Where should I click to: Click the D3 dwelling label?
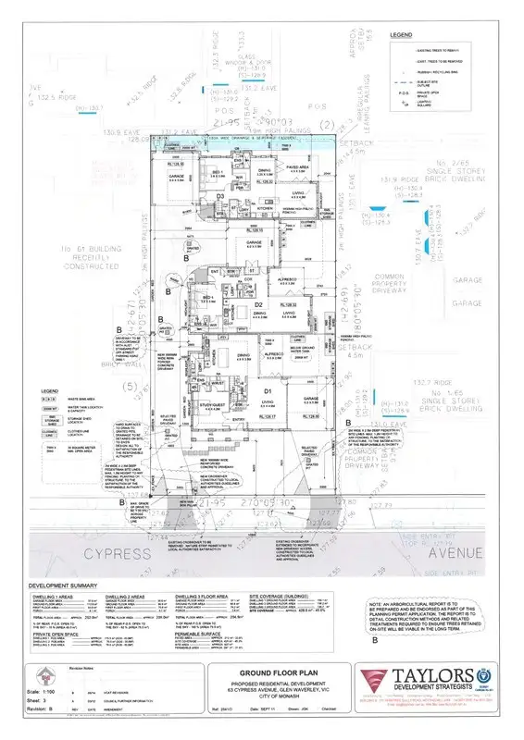tap(220, 196)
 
